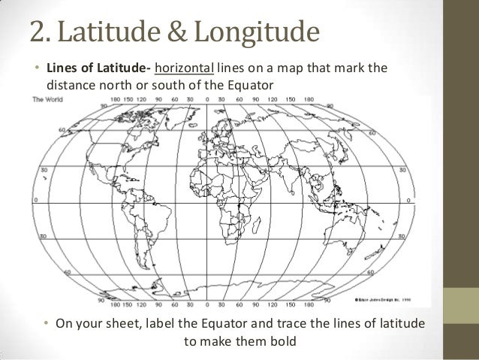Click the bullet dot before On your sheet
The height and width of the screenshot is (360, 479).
coord(47,324)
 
